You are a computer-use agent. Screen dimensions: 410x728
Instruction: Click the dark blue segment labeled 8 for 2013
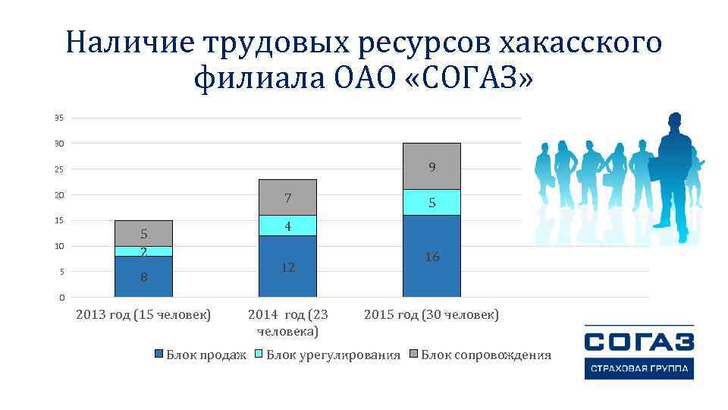coord(143,276)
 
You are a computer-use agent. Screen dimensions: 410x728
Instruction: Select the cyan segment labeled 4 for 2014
coord(287,225)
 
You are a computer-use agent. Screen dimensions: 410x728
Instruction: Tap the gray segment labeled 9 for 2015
coord(431,166)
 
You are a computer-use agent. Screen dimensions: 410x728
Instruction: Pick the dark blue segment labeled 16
coord(431,256)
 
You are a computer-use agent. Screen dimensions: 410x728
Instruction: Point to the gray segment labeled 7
coord(287,197)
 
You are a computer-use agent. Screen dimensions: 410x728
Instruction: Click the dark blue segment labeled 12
coord(287,266)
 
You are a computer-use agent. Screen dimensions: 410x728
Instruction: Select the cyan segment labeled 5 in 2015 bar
coord(431,202)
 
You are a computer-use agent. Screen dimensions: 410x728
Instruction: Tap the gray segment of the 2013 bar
coord(143,233)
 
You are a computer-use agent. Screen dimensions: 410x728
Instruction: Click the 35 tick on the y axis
coord(59,118)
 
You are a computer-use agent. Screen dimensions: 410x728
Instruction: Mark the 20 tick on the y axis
coord(59,195)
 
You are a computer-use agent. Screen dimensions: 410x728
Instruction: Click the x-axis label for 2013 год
coord(144,314)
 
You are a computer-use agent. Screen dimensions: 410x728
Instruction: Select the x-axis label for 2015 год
coord(431,314)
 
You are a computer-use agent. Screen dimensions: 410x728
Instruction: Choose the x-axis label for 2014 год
coord(288,323)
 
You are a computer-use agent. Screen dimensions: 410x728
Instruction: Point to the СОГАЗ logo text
coord(639,340)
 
